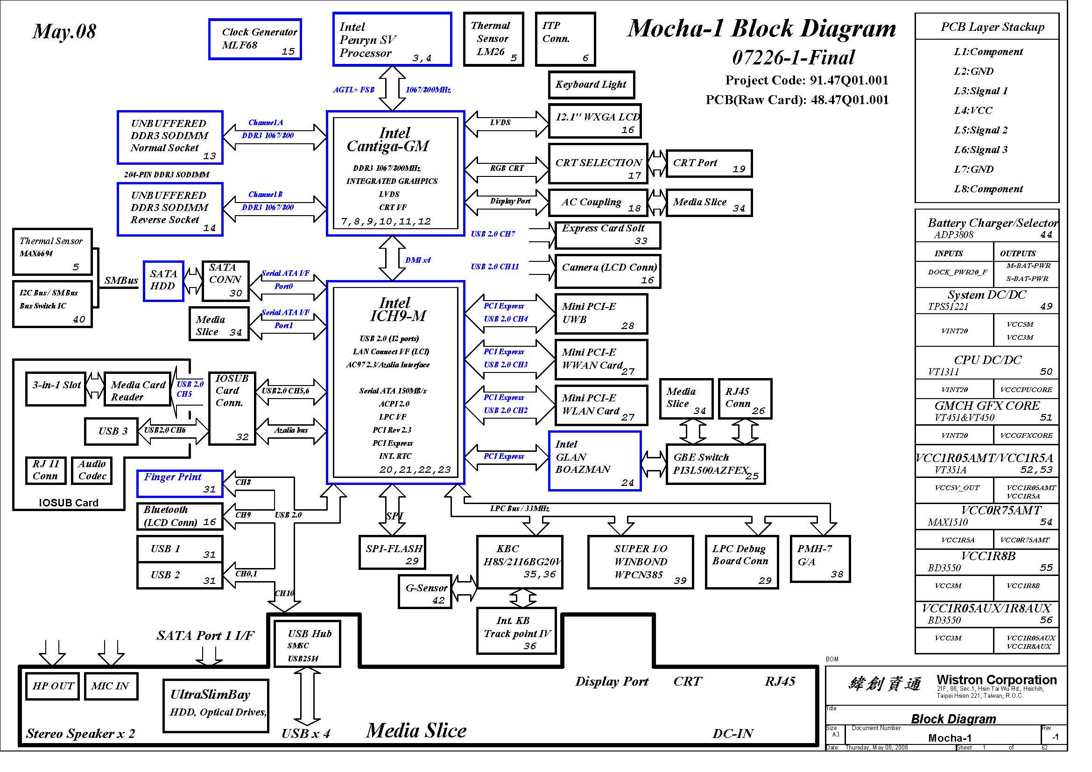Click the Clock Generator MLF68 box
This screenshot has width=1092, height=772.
pos(255,39)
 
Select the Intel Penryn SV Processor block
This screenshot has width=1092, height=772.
pos(392,39)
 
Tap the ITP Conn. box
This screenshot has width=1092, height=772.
pos(565,39)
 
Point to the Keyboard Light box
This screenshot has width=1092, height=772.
pos(591,84)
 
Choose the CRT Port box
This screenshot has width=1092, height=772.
pos(709,163)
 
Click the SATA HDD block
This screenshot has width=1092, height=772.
pos(163,281)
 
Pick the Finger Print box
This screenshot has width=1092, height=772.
pos(180,484)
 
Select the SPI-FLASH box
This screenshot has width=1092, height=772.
pos(392,552)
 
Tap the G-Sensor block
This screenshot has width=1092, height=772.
pos(425,591)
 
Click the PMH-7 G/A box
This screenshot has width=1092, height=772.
pos(820,559)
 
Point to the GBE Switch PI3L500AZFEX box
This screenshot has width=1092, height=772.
pos(716,464)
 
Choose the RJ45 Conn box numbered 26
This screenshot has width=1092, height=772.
pos(745,399)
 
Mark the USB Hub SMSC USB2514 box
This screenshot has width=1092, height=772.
pos(308,644)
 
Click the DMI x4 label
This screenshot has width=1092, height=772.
pos(418,260)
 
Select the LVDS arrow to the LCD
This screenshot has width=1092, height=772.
pos(507,124)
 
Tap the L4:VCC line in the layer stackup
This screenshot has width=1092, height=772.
pos(973,111)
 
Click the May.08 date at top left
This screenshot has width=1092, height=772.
pos(64,31)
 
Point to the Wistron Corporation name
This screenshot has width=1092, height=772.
pos(996,680)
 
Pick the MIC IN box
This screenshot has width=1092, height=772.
pos(111,686)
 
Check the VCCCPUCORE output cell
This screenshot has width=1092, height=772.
pos(1026,390)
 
